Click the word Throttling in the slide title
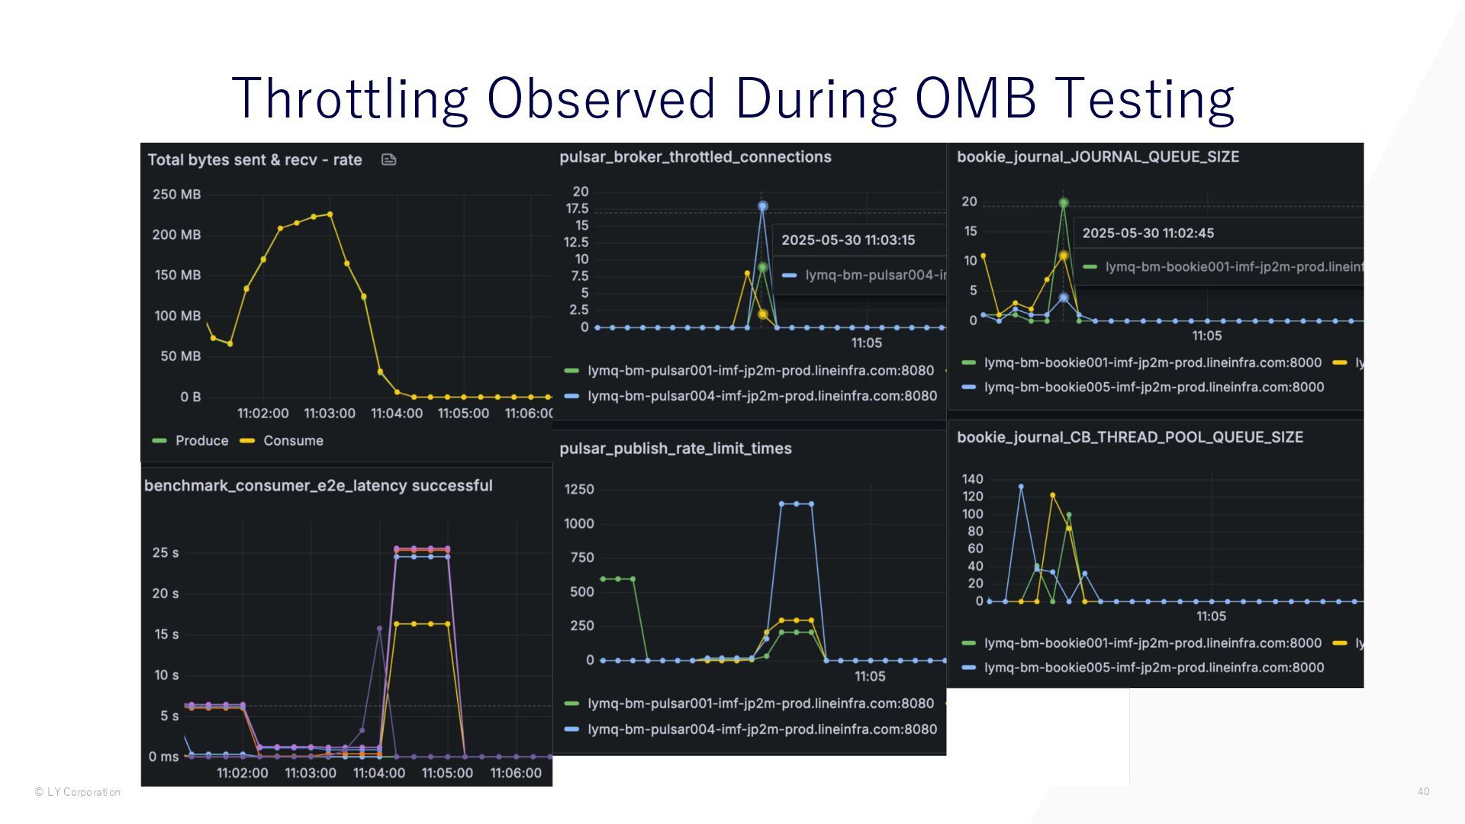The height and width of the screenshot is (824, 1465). [x=349, y=98]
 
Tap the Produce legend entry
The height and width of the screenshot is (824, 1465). [x=201, y=441]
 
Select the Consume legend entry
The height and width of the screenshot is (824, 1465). [x=293, y=441]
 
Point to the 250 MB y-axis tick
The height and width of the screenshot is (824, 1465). [x=176, y=195]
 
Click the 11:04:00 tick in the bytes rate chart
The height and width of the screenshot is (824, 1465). [x=396, y=414]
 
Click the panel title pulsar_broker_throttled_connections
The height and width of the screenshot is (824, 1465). [x=695, y=157]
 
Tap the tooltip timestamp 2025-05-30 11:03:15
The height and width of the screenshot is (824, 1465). [x=848, y=240]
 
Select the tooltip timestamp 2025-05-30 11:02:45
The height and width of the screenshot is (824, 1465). [x=1148, y=233]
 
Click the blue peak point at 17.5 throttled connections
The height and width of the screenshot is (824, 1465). [x=762, y=206]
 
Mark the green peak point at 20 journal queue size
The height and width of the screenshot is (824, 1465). [x=1064, y=203]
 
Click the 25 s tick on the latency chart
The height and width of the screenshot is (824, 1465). [x=166, y=553]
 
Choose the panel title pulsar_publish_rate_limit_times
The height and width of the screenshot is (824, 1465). [x=675, y=449]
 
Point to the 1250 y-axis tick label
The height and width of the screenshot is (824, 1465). [x=579, y=489]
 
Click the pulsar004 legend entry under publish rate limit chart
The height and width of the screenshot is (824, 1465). [x=761, y=729]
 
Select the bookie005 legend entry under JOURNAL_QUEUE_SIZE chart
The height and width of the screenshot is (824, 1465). [x=1153, y=388]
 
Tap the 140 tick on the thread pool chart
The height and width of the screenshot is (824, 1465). [x=973, y=479]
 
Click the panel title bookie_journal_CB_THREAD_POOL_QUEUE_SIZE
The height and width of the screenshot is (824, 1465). [x=1130, y=437]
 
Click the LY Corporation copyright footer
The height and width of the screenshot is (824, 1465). [x=78, y=792]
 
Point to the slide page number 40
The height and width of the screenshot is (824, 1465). [x=1423, y=792]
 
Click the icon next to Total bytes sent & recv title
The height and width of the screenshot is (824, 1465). [x=388, y=159]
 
